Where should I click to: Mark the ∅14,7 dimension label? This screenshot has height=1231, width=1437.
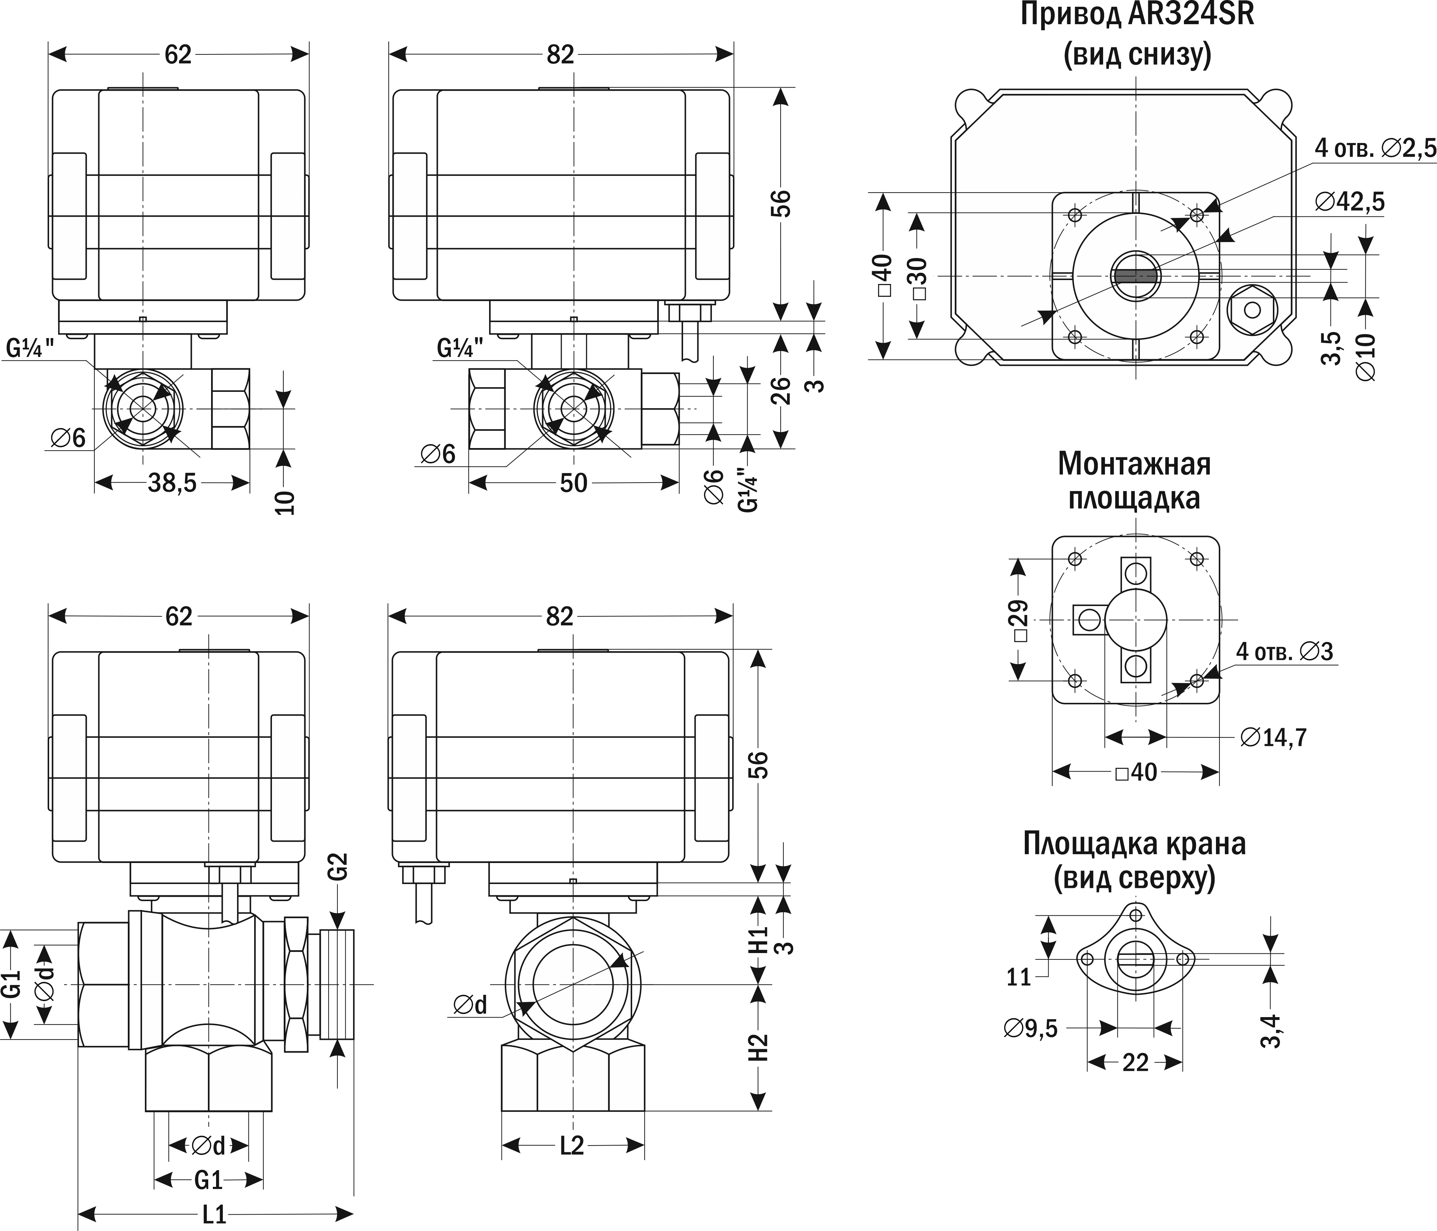tap(1273, 737)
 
